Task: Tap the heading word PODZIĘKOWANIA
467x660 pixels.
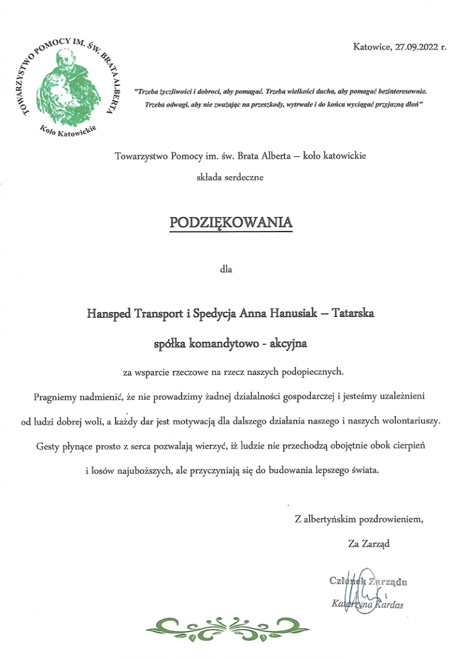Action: tap(230, 222)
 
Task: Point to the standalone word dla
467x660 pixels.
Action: tap(226, 270)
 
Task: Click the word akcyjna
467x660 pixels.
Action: tap(288, 343)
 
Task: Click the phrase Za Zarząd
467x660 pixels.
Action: tap(369, 544)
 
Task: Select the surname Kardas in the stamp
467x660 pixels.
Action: tap(388, 604)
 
